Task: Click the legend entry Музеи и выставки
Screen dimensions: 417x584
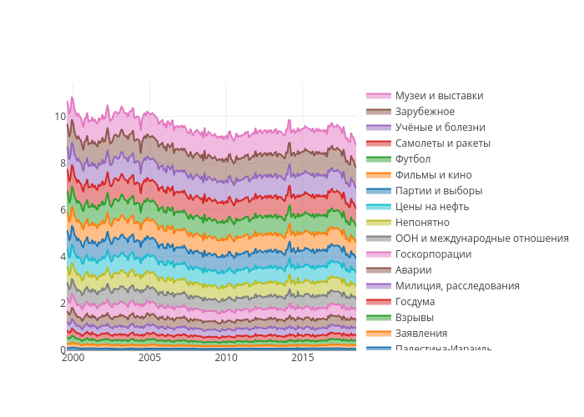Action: [x=439, y=96]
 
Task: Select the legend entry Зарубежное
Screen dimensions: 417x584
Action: [x=425, y=112]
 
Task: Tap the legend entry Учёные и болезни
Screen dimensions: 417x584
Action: [x=440, y=128]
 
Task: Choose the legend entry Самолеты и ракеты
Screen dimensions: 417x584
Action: [x=442, y=143]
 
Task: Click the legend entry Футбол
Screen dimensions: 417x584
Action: [x=413, y=159]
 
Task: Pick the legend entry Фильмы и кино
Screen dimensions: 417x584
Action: [x=433, y=175]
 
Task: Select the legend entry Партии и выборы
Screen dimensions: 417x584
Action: [x=439, y=191]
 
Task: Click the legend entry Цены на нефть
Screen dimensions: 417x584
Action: [x=432, y=207]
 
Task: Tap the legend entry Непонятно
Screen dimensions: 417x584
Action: [x=422, y=223]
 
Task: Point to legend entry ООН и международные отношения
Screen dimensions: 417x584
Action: [x=481, y=239]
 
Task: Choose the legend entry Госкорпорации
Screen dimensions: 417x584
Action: [x=433, y=254]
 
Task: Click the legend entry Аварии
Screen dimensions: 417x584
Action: [x=413, y=270]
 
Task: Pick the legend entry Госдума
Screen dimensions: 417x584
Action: [x=415, y=302]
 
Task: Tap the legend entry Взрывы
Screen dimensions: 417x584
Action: [x=415, y=318]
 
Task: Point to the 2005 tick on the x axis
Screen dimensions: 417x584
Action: [x=149, y=358]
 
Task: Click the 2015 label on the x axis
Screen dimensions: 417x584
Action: [x=303, y=358]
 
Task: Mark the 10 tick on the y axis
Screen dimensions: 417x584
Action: [x=60, y=117]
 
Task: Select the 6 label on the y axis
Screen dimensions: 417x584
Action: [x=63, y=210]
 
